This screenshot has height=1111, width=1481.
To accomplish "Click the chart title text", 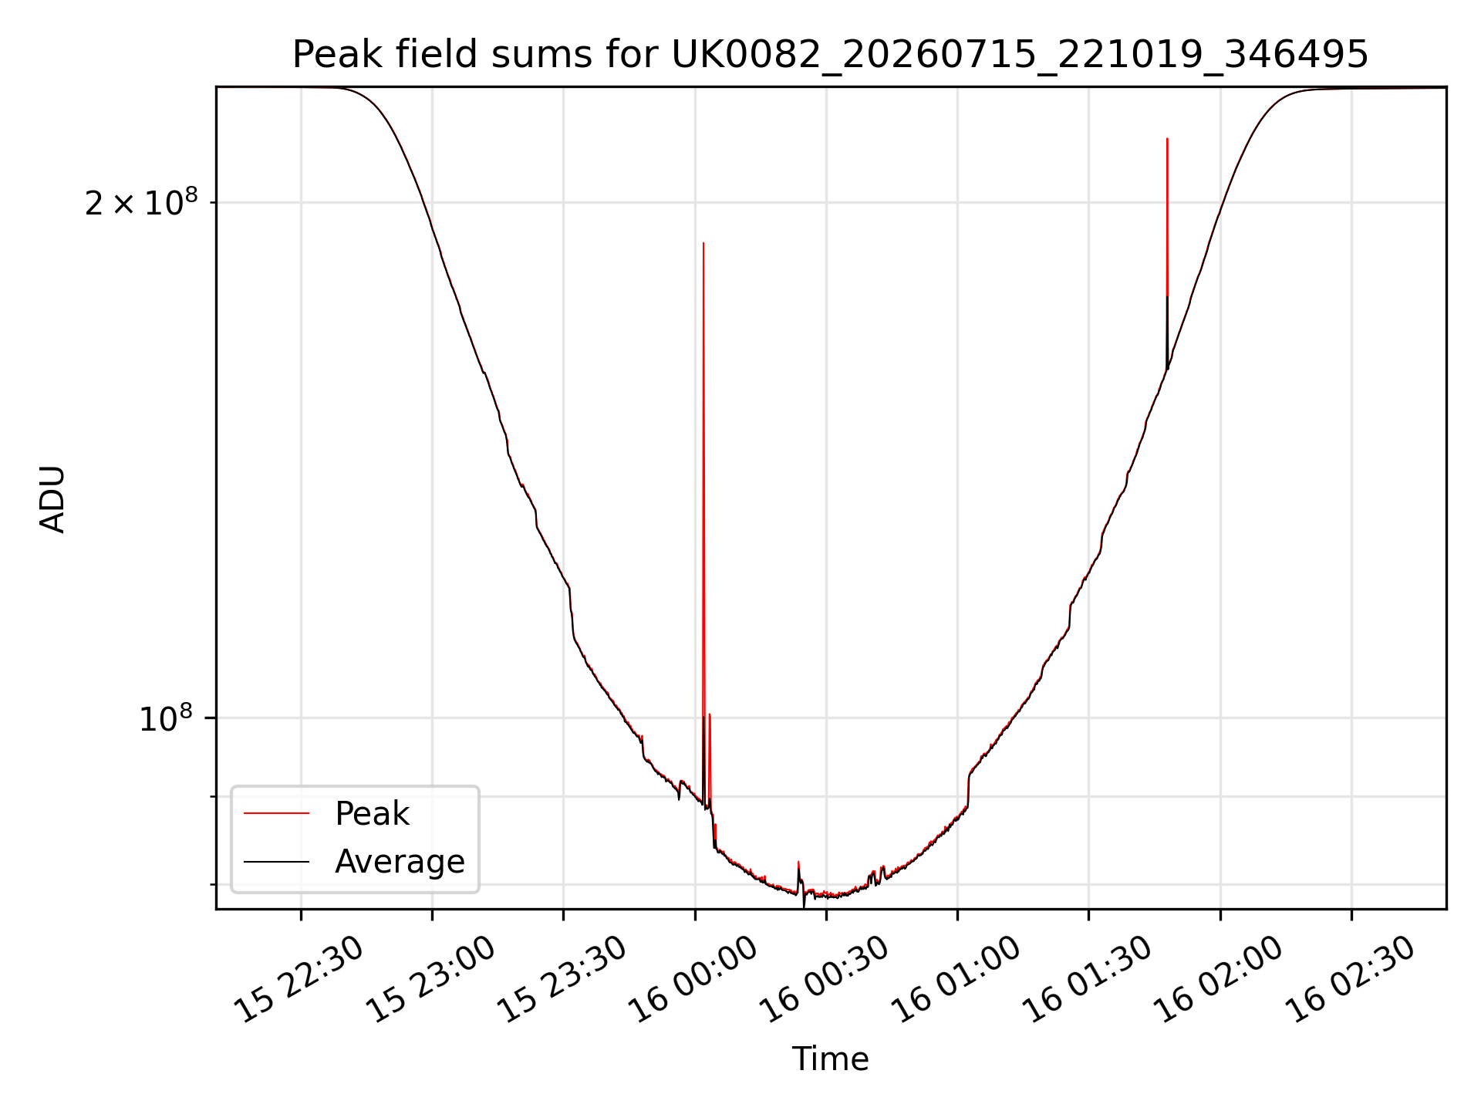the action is pyautogui.click(x=831, y=55).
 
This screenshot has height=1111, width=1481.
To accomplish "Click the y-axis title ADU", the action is pyautogui.click(x=52, y=498).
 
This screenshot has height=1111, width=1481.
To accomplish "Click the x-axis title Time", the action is pyautogui.click(x=831, y=1059).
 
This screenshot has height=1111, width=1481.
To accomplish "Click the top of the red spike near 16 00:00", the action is pyautogui.click(x=703, y=243).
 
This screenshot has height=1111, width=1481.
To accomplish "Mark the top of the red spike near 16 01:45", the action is pyautogui.click(x=1167, y=139).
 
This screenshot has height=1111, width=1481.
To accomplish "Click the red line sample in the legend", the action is pyautogui.click(x=276, y=813).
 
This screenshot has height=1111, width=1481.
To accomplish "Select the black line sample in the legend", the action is pyautogui.click(x=276, y=861).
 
